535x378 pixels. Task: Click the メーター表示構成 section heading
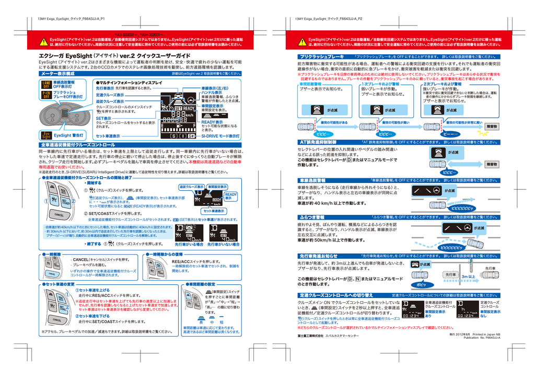[x=57, y=74]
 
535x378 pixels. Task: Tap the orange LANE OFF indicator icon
[x=46, y=84]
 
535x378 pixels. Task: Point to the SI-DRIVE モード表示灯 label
[x=220, y=136]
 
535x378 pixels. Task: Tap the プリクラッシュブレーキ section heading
[x=321, y=56]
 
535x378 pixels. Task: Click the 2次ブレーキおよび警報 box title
[x=443, y=84]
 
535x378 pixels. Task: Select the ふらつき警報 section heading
[x=312, y=216]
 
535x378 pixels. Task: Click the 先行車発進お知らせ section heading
[x=318, y=256]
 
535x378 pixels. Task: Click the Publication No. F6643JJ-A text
[x=482, y=338]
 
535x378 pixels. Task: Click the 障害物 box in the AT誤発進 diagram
[x=491, y=164]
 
